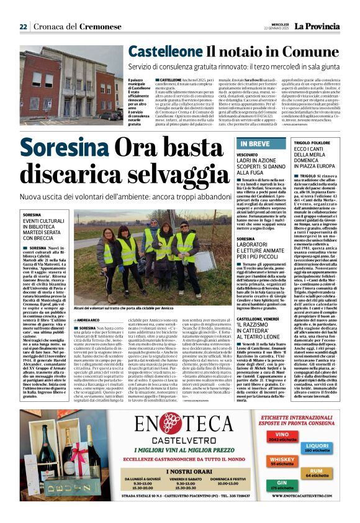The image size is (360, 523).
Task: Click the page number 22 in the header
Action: coord(24,27)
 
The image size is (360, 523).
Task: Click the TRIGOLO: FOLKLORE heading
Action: coord(312,143)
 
